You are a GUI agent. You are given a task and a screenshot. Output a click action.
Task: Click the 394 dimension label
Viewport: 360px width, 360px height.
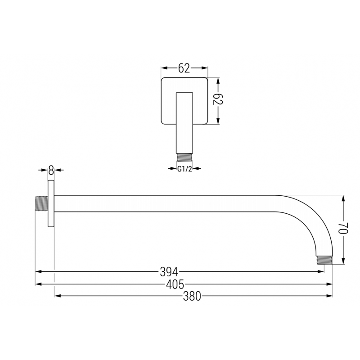tap(169, 271)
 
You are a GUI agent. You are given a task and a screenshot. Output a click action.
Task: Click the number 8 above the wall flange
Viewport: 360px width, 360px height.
tap(50, 170)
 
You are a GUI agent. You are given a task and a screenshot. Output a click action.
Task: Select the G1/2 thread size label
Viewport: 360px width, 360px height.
tap(184, 169)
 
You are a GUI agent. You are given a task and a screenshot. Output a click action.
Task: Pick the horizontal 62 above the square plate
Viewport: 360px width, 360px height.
tap(184, 68)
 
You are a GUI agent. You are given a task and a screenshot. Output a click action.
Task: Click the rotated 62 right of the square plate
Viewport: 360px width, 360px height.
tap(218, 100)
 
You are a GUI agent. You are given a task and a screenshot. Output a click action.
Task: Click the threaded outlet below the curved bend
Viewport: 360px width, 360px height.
tap(324, 261)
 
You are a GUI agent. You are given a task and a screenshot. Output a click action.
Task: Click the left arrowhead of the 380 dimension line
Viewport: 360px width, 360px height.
tap(57, 296)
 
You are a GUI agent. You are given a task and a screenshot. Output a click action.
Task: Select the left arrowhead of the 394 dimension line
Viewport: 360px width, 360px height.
tap(39, 271)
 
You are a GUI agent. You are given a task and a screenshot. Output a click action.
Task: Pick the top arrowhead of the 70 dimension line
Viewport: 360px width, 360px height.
tap(343, 198)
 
